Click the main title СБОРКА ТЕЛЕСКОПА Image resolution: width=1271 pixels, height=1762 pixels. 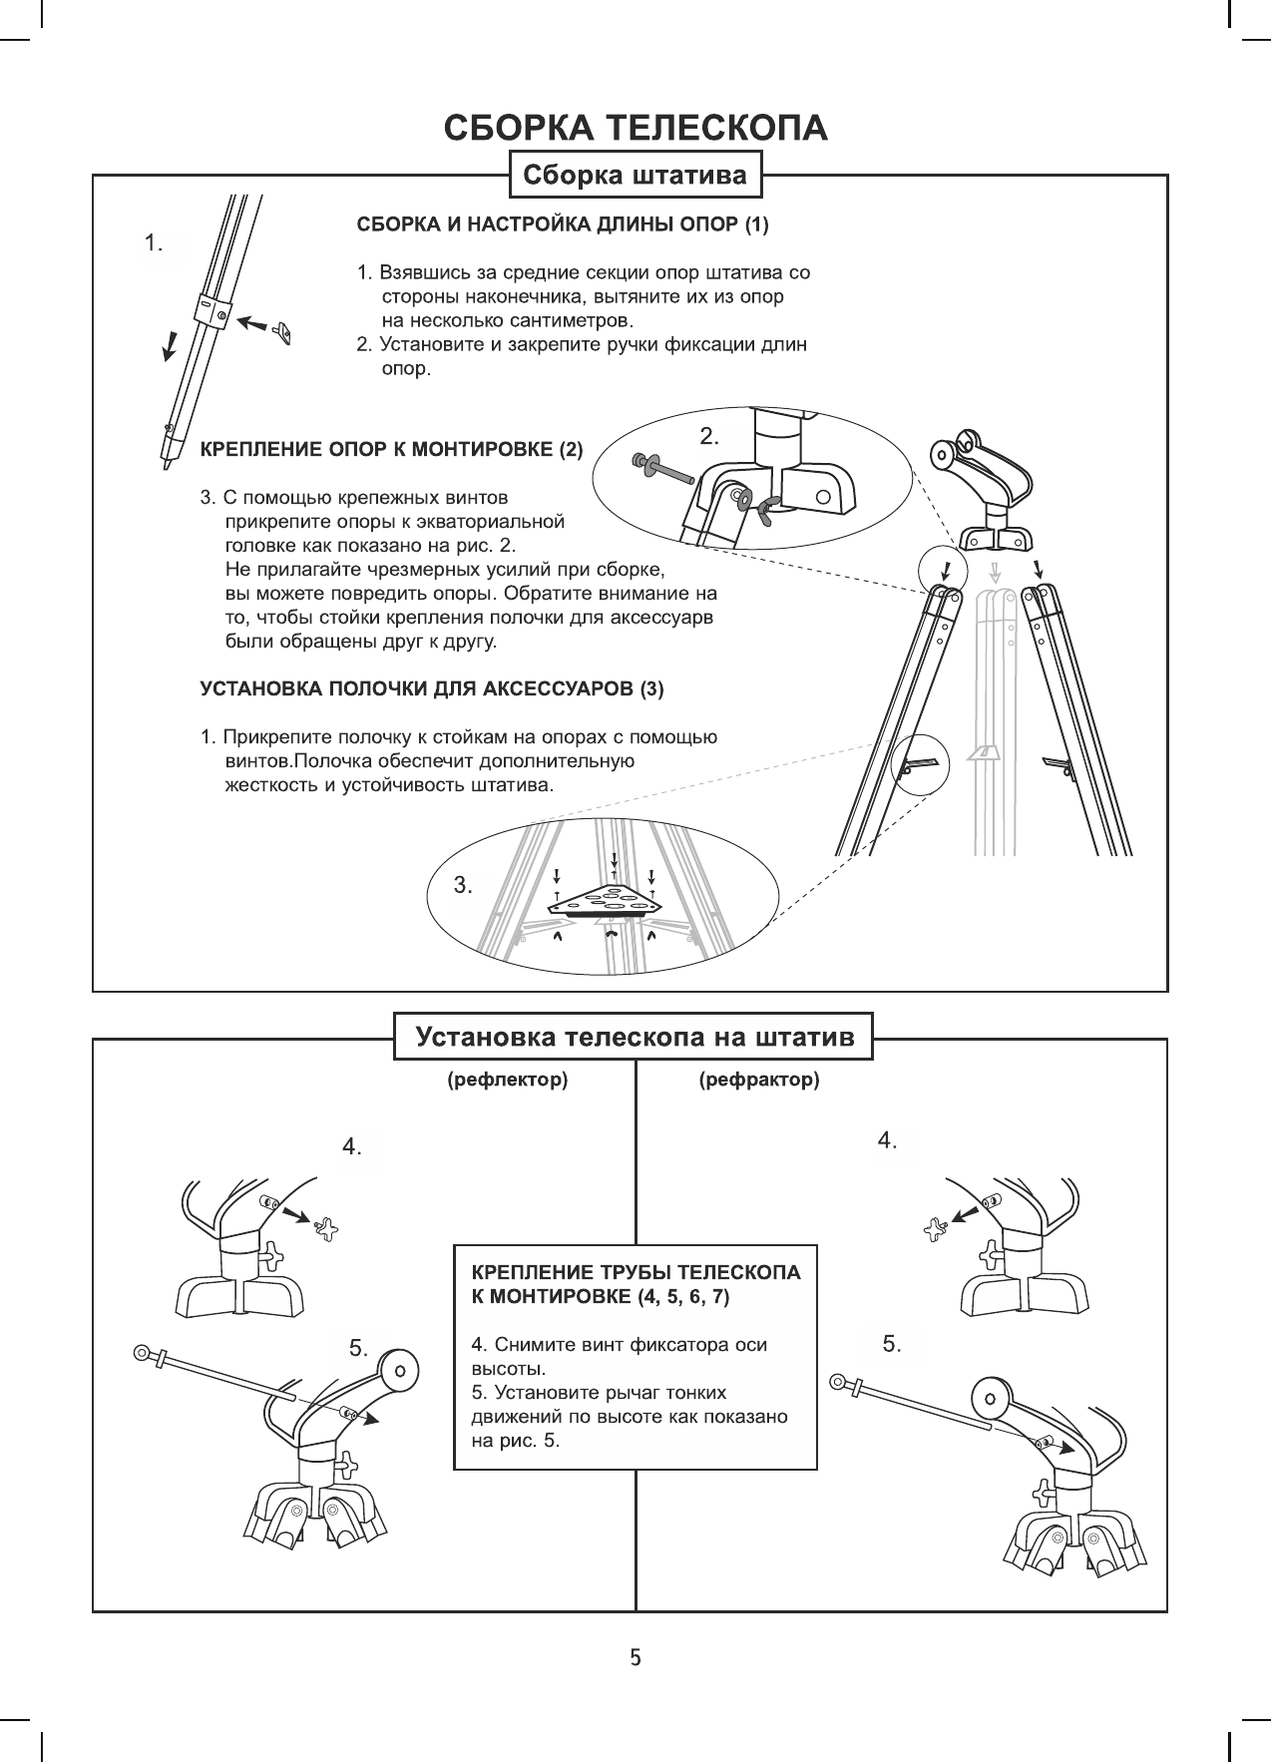(x=635, y=129)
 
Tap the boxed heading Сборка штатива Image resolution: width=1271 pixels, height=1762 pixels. (x=635, y=177)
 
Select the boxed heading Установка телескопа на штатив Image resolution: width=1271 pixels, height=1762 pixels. (x=635, y=1037)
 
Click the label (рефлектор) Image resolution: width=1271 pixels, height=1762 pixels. (x=507, y=1080)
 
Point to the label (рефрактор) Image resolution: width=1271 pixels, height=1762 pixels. (x=759, y=1080)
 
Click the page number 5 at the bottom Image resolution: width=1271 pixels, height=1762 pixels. (x=635, y=1658)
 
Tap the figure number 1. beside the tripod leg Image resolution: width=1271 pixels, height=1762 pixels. (x=154, y=242)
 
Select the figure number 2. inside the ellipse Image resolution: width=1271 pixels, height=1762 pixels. (x=709, y=436)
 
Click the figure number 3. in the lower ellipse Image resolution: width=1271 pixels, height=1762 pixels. (x=463, y=884)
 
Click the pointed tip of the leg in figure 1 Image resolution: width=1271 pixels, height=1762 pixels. (x=167, y=462)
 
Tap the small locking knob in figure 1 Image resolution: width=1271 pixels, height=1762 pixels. (x=282, y=331)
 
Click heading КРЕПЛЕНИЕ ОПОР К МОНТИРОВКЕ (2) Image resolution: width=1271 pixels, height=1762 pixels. (x=392, y=449)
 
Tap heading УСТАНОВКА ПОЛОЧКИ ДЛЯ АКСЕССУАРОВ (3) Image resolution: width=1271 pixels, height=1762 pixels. (x=432, y=688)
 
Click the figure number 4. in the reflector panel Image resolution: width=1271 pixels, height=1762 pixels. (x=352, y=1147)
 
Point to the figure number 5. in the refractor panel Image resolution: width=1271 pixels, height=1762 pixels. (x=892, y=1344)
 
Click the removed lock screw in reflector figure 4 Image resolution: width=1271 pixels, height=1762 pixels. (x=325, y=1229)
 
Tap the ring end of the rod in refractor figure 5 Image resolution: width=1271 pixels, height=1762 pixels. (x=840, y=1383)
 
